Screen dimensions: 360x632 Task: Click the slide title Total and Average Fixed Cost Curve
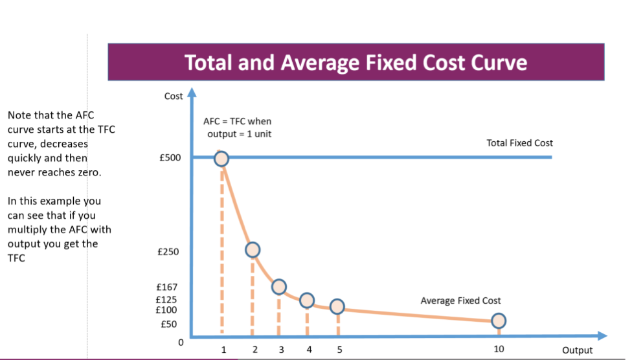tap(356, 63)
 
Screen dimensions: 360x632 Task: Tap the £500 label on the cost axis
tap(170, 158)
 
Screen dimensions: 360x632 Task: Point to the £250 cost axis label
tap(170, 251)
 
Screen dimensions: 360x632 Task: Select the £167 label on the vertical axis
tap(168, 287)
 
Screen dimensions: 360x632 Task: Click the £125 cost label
tap(168, 300)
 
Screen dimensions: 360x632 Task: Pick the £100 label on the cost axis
tap(168, 309)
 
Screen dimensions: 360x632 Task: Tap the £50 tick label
tap(170, 323)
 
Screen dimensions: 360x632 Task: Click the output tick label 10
tap(499, 350)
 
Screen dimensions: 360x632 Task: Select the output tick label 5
tap(338, 350)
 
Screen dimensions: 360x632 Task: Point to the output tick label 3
tap(281, 350)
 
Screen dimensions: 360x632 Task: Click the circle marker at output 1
tap(221, 159)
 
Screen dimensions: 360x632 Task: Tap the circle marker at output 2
tap(253, 249)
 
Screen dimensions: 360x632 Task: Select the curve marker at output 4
tap(307, 300)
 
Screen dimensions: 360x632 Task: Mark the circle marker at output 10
tap(499, 321)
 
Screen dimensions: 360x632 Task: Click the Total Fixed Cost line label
tap(520, 143)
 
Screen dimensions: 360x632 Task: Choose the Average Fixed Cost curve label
tap(460, 300)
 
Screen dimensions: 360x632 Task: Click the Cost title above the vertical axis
tap(174, 96)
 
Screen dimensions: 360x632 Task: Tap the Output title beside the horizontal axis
tap(577, 350)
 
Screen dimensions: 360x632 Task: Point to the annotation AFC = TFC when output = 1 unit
tap(237, 128)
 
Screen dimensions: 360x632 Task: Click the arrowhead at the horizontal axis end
tap(602, 335)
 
